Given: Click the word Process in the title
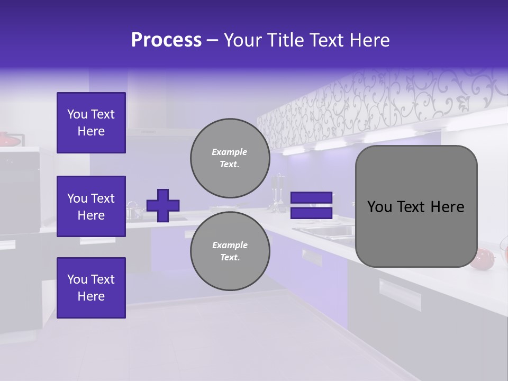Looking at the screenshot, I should coord(166,40).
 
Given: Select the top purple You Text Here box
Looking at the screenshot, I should coord(91,123).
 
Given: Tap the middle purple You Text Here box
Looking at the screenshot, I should coord(91,206).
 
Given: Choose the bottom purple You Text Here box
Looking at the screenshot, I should coord(91,288).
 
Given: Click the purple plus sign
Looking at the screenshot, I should coord(163,205).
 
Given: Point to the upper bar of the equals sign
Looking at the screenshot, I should coord(311,198).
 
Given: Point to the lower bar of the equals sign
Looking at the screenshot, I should coord(311,213).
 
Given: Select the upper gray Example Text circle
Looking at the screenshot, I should coord(230,158).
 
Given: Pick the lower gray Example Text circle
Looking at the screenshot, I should coord(230,251).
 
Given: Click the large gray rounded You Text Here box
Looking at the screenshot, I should coord(416,206).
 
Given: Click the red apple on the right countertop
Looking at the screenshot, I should coord(482,258).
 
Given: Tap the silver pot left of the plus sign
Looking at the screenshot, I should coord(134,213).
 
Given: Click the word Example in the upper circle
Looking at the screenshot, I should coord(229,152).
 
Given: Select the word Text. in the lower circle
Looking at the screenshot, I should coord(230,258).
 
